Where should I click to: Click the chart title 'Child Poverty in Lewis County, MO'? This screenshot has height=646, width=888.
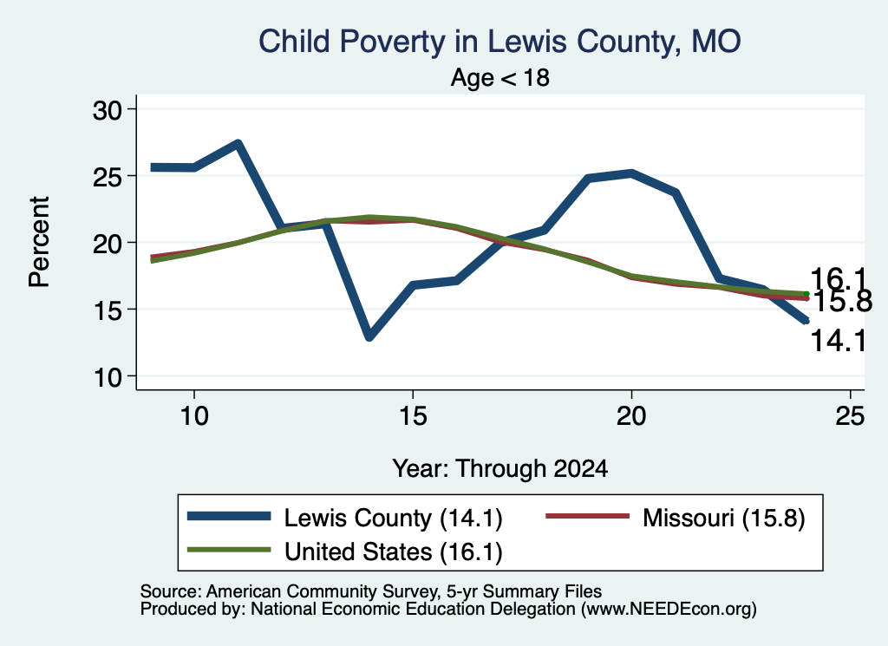(499, 42)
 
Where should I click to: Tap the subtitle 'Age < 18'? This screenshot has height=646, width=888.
(500, 77)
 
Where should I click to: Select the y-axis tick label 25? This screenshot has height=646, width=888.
(108, 177)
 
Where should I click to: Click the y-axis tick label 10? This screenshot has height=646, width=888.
(108, 377)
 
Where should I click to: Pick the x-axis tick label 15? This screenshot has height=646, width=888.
(413, 416)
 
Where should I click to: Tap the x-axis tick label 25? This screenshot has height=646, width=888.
(850, 416)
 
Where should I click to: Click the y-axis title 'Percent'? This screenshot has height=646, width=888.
(40, 242)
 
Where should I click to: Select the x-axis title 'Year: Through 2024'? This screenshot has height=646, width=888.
(500, 469)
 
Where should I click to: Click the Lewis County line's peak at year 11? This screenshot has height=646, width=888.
(238, 144)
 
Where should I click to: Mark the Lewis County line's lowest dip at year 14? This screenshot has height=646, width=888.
(369, 336)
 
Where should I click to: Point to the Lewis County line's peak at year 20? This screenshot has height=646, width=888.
(631, 173)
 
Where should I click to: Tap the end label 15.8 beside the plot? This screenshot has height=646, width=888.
(842, 301)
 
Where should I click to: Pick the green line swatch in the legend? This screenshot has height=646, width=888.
(229, 550)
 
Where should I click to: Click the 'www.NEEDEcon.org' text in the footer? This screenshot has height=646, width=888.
(669, 609)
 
